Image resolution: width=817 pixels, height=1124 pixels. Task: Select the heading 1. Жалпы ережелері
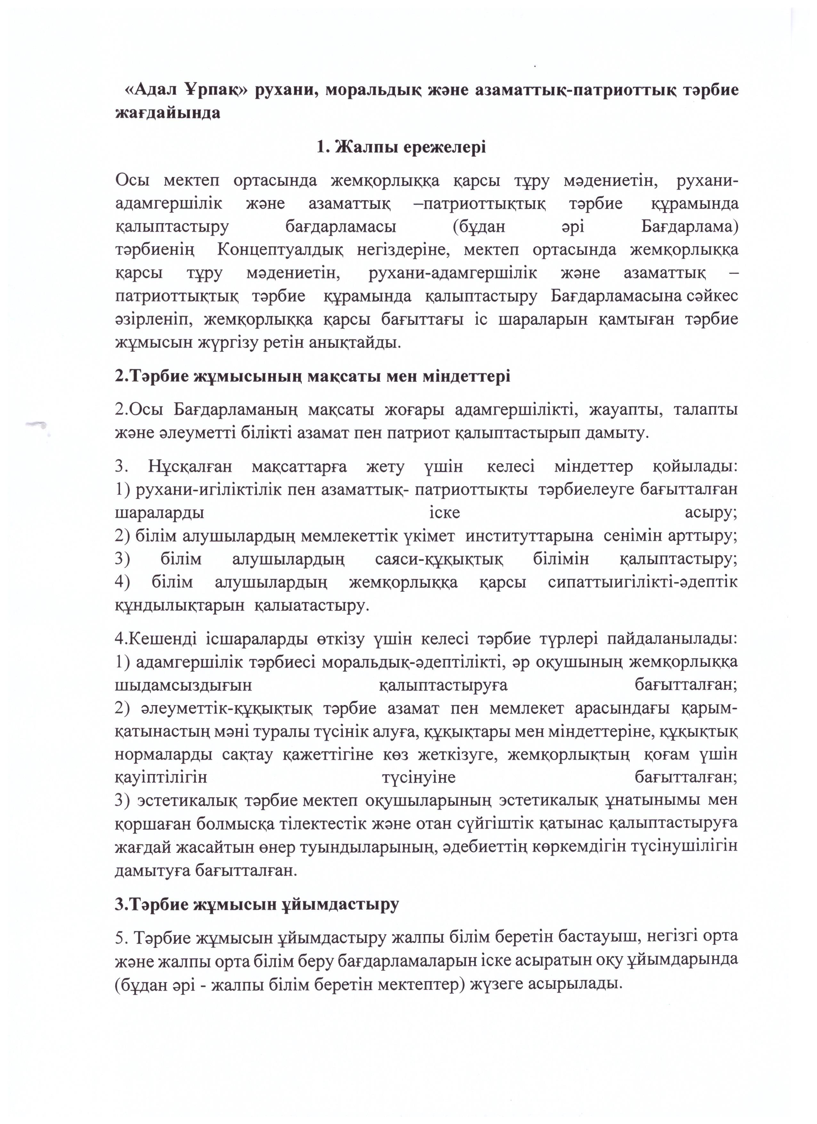pyautogui.click(x=401, y=147)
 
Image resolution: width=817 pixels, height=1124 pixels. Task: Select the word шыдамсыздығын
pyautogui.click(x=183, y=685)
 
